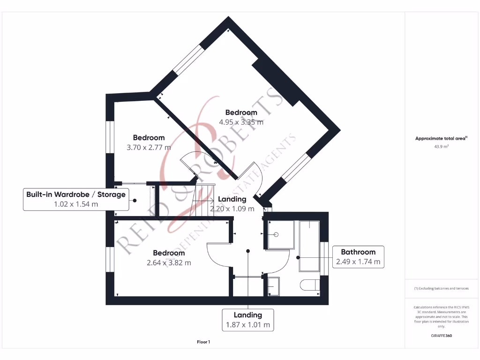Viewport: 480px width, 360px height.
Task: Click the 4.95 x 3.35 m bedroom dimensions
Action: pyautogui.click(x=241, y=122)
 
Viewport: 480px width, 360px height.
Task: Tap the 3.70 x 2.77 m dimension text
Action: pyautogui.click(x=149, y=147)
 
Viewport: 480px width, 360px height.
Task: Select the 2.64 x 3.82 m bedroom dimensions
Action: pyautogui.click(x=169, y=262)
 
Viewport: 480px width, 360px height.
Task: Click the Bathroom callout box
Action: pyautogui.click(x=358, y=257)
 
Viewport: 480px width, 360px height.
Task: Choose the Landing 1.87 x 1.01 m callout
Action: pyautogui.click(x=248, y=320)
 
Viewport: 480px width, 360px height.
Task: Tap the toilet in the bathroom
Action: pyautogui.click(x=310, y=285)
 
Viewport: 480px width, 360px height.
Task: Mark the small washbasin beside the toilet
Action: pyautogui.click(x=273, y=286)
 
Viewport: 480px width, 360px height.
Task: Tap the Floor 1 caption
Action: pyautogui.click(x=203, y=342)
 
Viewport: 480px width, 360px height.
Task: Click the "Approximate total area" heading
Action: pyautogui.click(x=441, y=138)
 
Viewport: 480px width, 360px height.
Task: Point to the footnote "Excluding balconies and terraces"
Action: pyautogui.click(x=441, y=288)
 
